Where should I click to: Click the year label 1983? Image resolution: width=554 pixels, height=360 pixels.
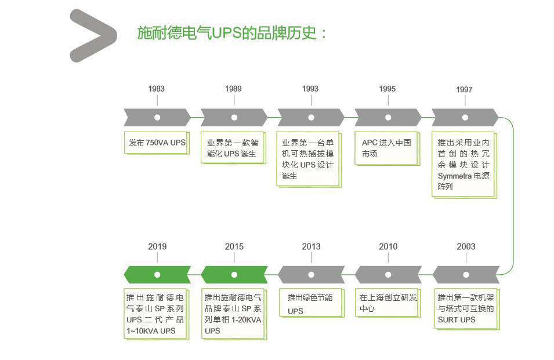156,89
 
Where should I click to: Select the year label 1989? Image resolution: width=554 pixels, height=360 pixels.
233,89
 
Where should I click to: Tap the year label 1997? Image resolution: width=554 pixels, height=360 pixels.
464,89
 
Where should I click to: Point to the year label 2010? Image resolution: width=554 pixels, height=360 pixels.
388,246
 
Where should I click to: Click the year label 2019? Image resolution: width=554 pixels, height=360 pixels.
157,246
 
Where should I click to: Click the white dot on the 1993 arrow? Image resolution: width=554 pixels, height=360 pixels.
311,117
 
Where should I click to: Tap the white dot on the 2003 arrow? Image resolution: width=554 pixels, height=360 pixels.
465,275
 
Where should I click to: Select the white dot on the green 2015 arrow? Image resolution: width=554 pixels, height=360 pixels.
234,275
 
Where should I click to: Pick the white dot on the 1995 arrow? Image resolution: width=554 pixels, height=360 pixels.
388,117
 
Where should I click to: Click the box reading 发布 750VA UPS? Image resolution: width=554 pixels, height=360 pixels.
157,143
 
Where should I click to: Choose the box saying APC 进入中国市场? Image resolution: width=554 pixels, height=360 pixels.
386,148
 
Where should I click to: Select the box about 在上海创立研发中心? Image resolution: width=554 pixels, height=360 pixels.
388,303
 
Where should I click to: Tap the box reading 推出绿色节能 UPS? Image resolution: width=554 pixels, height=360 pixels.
311,304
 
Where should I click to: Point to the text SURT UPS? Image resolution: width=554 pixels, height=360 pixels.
457,319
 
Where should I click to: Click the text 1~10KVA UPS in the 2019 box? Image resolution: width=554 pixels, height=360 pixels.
151,331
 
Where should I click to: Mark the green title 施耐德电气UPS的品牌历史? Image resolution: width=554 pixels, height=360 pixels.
232,32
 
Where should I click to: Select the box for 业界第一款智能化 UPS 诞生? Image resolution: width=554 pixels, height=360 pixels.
233,148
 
